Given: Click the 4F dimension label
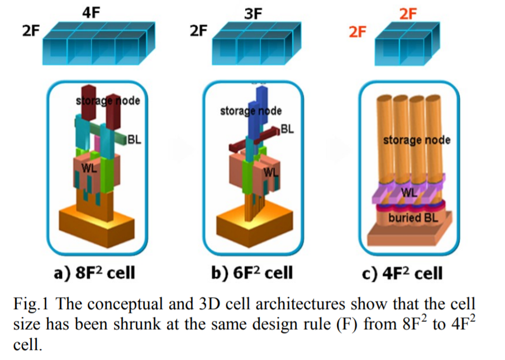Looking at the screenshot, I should [91, 12].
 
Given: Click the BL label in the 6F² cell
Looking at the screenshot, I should [287, 129].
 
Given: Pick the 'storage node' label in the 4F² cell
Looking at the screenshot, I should [416, 140].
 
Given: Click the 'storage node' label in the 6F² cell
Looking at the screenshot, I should [251, 111].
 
